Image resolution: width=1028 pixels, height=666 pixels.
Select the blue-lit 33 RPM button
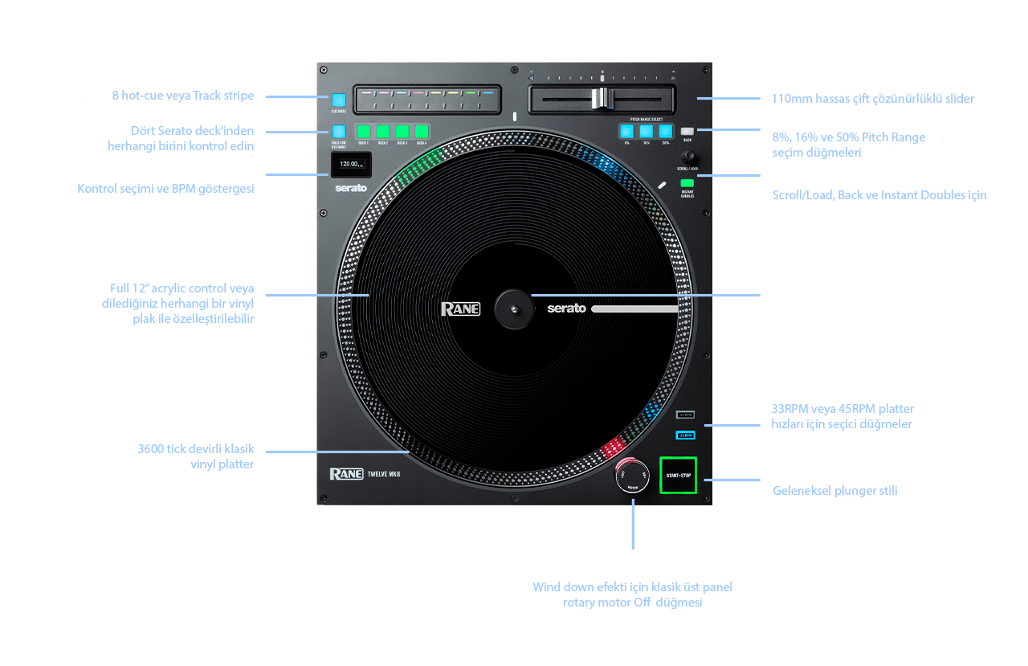pyautogui.click(x=685, y=435)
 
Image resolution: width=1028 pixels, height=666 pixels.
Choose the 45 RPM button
pyautogui.click(x=685, y=415)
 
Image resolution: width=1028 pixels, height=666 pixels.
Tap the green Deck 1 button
pyautogui.click(x=364, y=131)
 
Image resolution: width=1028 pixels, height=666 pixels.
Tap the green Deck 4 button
pyautogui.click(x=421, y=131)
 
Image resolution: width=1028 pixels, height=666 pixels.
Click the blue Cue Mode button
pyautogui.click(x=338, y=100)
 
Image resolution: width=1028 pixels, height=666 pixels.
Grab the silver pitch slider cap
pyautogui.click(x=601, y=98)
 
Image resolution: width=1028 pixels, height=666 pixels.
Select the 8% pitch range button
pyautogui.click(x=626, y=131)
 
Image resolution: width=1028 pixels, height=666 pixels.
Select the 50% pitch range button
pyautogui.click(x=665, y=131)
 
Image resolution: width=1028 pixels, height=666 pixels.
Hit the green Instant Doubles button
pyautogui.click(x=687, y=184)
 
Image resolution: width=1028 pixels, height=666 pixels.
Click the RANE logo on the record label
pyautogui.click(x=460, y=308)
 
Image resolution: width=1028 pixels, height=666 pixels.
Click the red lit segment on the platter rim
pyautogui.click(x=614, y=445)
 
